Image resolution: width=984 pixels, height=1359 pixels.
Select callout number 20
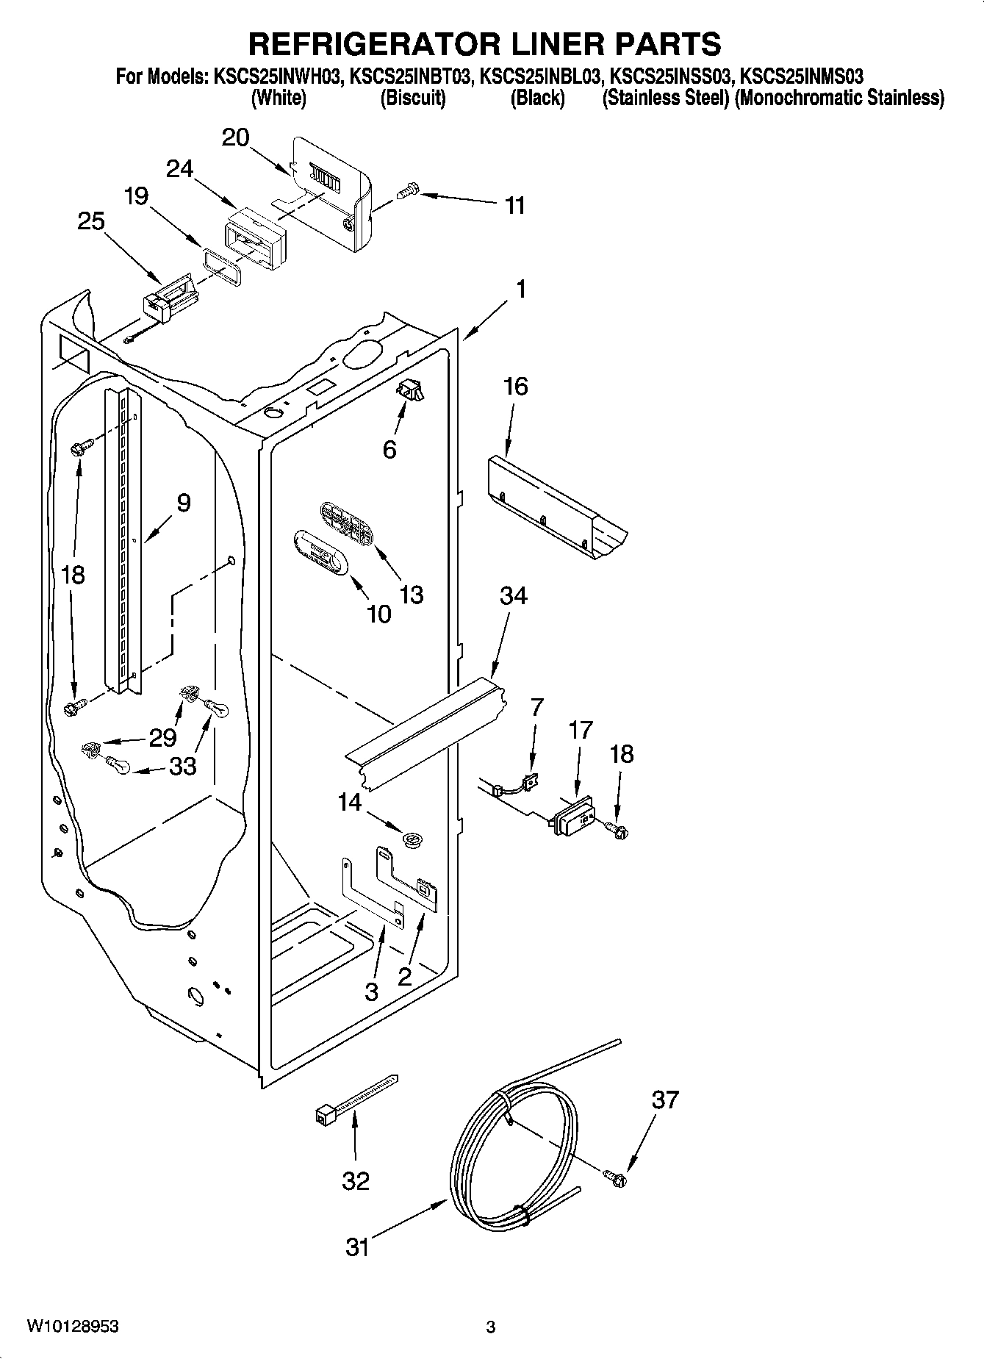click(x=236, y=137)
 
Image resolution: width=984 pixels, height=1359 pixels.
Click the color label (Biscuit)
click(x=412, y=98)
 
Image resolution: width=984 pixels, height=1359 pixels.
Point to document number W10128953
click(x=73, y=1327)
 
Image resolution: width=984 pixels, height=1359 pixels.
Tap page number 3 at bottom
click(x=491, y=1327)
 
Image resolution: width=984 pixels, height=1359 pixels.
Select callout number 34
click(x=513, y=595)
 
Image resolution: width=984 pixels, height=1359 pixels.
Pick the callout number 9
click(x=183, y=503)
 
